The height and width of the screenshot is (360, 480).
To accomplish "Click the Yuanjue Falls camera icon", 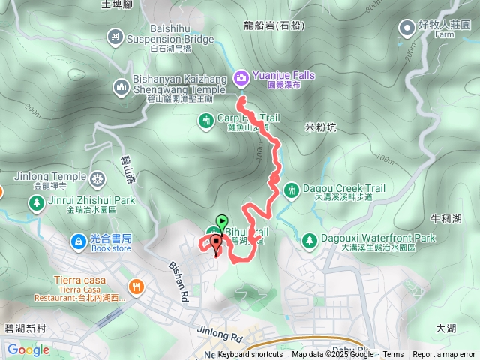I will click(x=241, y=76).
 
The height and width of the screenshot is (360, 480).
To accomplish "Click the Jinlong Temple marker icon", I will click(x=97, y=180).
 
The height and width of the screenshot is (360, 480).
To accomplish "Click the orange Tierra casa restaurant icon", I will click(x=136, y=285).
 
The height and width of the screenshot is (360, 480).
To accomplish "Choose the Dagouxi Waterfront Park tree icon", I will click(x=309, y=240).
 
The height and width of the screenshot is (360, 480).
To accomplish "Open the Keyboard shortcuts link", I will click(x=250, y=354).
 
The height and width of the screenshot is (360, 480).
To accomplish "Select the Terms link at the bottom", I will click(x=393, y=354).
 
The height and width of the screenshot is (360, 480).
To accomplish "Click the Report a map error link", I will click(x=443, y=354).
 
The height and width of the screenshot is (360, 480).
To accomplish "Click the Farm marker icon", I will click(x=406, y=28).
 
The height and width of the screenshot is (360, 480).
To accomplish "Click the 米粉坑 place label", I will click(x=323, y=127).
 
